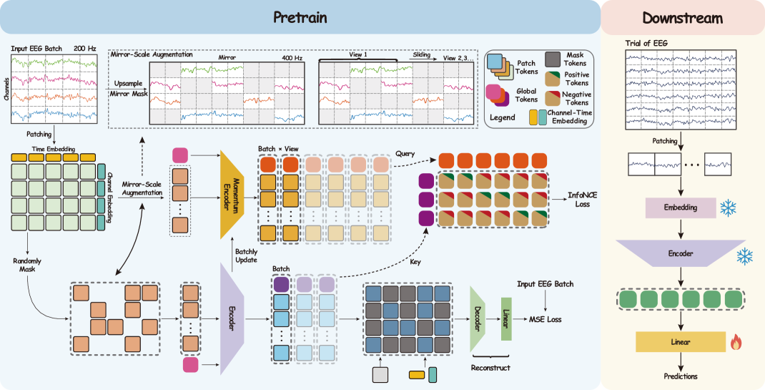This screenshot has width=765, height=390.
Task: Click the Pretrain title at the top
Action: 300,17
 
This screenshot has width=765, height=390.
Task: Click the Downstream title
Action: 681,17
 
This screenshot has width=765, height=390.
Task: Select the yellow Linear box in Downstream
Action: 680,342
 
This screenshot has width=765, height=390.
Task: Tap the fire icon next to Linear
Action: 736,342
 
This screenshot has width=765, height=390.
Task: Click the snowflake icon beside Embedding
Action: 729,208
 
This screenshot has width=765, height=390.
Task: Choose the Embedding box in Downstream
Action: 680,208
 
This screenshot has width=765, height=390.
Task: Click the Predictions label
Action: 680,376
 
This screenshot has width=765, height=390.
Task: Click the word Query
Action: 405,153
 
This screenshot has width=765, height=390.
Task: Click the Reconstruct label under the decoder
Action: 490,367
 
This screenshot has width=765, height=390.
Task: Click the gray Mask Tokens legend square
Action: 553,59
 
